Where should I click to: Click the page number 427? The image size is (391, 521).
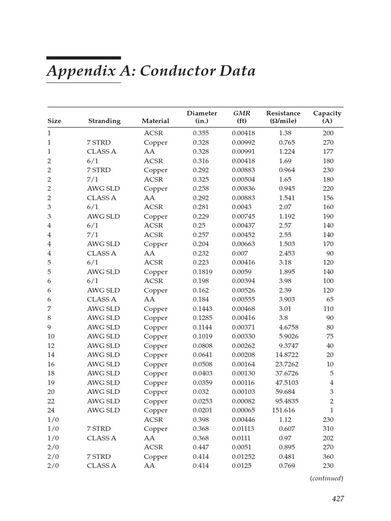coord(338,499)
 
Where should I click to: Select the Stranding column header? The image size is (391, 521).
coord(104,121)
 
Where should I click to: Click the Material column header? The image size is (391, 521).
coord(155,121)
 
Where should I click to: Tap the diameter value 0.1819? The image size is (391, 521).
coord(204,272)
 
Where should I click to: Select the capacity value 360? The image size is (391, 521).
coord(328,457)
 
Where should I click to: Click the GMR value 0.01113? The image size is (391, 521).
coord(243,429)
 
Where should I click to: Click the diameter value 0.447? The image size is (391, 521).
coord(201,447)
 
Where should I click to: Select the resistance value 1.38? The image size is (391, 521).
coord(285,133)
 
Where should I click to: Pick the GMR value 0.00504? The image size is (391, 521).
coord(243,180)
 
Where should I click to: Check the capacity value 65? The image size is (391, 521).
coord(330,300)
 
